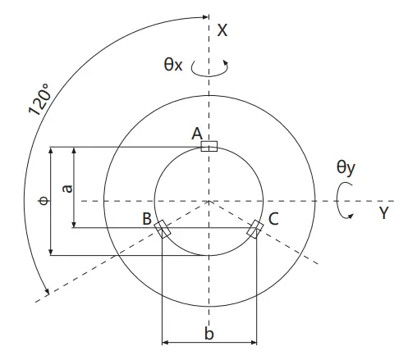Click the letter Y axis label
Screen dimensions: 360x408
[x=383, y=213]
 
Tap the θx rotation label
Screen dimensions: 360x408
[x=172, y=64]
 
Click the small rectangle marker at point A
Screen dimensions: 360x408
[x=209, y=146]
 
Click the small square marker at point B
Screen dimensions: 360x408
[x=163, y=228]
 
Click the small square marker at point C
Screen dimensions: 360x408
[x=256, y=228]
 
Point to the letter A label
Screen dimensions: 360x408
[x=196, y=133]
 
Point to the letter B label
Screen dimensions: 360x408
[x=146, y=219]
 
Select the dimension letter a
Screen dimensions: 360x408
[x=67, y=188]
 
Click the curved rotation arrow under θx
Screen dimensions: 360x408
[x=209, y=71]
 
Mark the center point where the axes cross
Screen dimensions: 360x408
[x=209, y=200]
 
